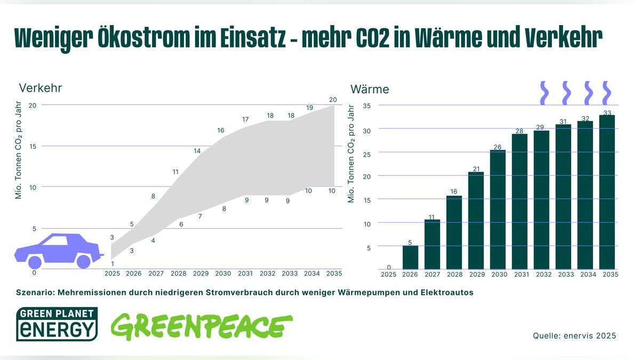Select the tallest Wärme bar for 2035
coord(607,192)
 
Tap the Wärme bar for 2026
coord(410,257)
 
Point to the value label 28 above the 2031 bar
coord(519,131)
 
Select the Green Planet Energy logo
coord(57,324)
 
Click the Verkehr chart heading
coord(37,88)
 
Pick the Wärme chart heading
coord(370,89)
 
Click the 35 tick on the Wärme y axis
coord(366,106)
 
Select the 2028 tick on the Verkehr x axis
coord(179,274)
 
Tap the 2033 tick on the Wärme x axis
coord(566,275)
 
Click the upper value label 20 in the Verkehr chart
coord(333,100)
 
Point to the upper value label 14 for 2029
coord(197,151)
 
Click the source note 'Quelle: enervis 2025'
coord(574,335)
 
